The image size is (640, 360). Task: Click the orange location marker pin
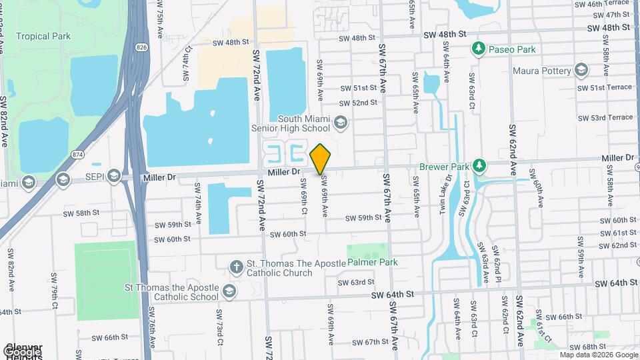321,159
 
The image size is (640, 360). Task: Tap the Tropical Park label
43,36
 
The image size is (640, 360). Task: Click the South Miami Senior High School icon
341,121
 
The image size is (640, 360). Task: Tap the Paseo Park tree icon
477,49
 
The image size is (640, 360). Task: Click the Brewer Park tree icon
479,165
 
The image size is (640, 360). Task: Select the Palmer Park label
373,262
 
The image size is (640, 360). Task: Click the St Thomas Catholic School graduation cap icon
229,292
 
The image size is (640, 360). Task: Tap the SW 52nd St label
358,103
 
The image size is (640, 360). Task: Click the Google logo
21,351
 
